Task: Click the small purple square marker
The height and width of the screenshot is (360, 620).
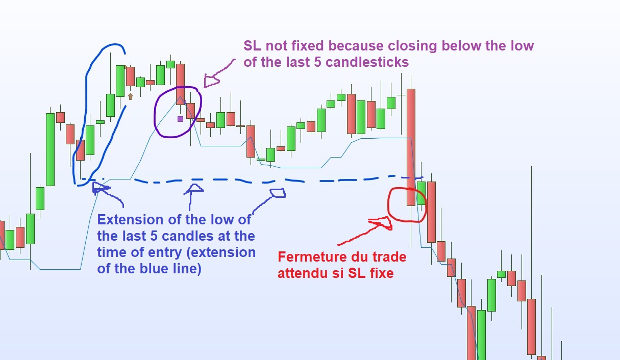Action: click(x=180, y=119)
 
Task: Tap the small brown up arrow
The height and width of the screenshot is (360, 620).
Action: click(x=130, y=96)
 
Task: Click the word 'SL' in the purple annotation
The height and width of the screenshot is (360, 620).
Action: click(x=252, y=45)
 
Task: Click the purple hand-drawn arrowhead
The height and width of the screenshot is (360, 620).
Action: click(x=211, y=81)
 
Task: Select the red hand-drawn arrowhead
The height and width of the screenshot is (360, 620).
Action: click(x=382, y=223)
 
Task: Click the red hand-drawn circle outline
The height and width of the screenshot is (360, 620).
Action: click(x=388, y=204)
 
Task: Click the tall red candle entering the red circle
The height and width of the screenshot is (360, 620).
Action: click(x=411, y=147)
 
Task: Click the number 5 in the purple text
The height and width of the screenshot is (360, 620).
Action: click(x=317, y=62)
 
